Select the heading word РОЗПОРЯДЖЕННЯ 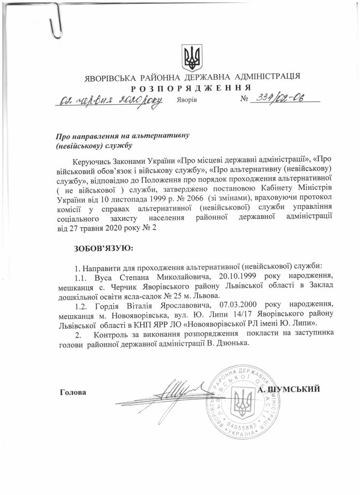click(x=191, y=87)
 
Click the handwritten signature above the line click(x=167, y=392)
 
